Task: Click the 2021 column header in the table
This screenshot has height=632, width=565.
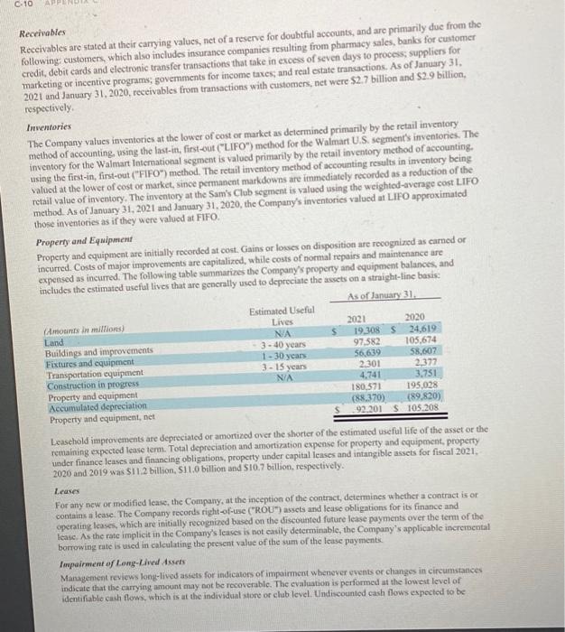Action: pyautogui.click(x=357, y=319)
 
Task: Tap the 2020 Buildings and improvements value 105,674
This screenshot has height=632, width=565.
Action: pyautogui.click(x=417, y=340)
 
